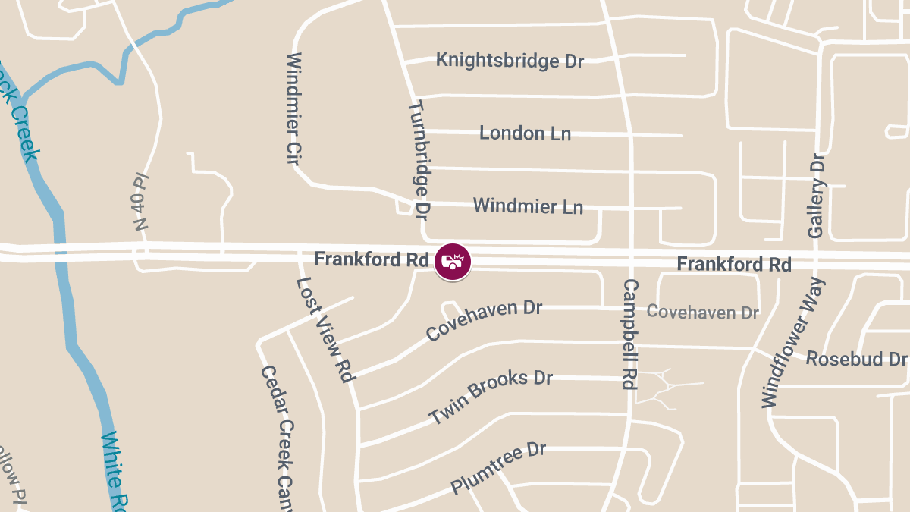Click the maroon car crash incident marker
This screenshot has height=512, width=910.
click(453, 262)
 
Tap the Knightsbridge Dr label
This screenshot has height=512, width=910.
click(510, 61)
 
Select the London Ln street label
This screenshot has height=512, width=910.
click(525, 133)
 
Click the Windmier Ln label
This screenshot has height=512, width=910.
click(528, 206)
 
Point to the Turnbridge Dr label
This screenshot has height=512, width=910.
click(419, 160)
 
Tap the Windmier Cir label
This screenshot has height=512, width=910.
click(295, 109)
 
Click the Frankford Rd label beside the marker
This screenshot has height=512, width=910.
click(372, 259)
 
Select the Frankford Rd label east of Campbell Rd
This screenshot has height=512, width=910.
click(734, 264)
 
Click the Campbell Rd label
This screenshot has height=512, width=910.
click(629, 335)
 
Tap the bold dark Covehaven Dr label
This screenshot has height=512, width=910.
click(484, 320)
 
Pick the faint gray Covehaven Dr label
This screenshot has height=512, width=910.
click(702, 312)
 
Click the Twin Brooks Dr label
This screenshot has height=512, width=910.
click(491, 397)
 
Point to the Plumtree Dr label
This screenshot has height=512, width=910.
click(498, 468)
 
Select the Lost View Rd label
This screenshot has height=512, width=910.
click(325, 329)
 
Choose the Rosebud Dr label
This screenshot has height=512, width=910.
click(855, 358)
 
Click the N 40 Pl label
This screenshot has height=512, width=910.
click(141, 202)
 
